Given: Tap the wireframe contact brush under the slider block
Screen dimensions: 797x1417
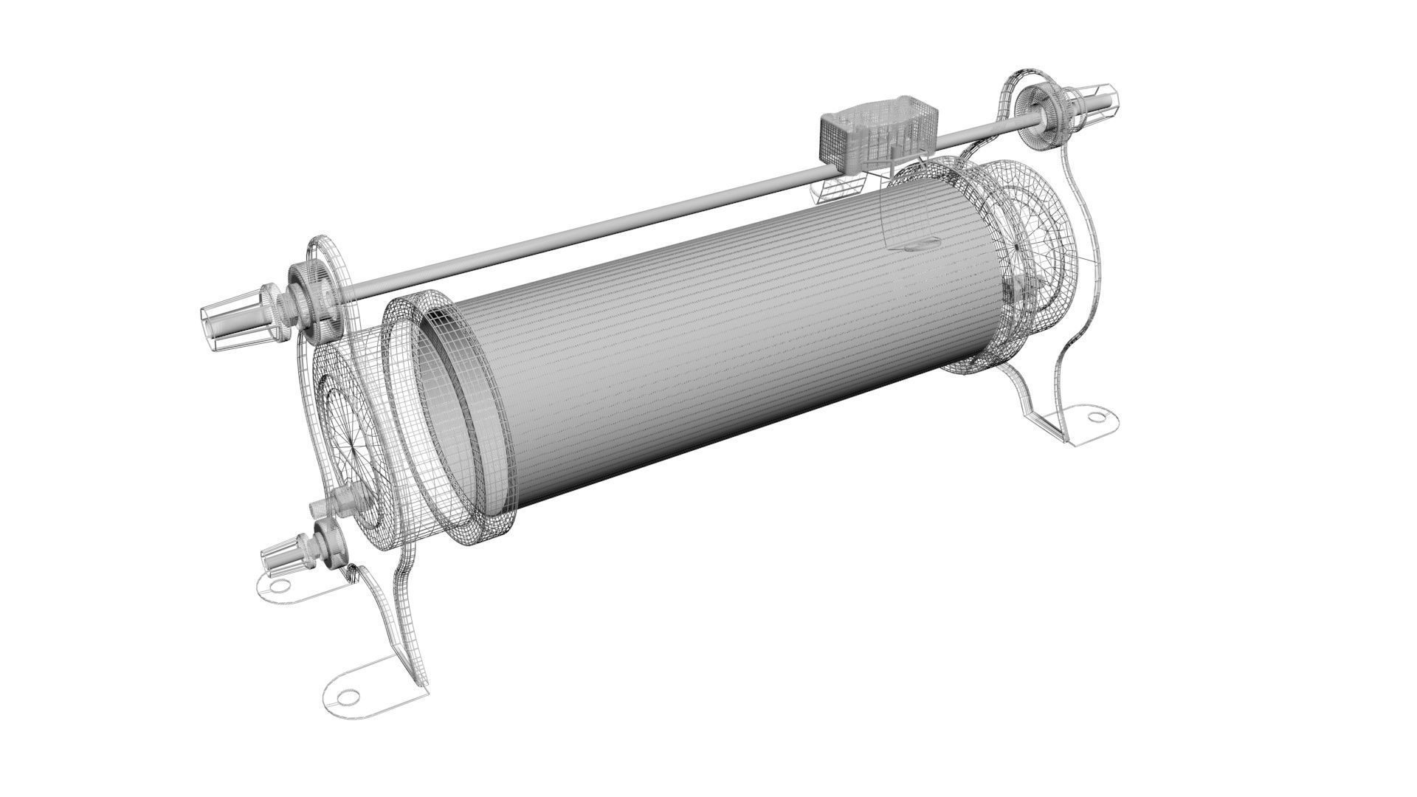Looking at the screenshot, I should click(x=838, y=188).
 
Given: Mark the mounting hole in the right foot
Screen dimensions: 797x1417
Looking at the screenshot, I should click(x=1097, y=417).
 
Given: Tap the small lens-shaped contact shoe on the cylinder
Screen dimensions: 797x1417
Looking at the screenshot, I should click(x=919, y=244).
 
